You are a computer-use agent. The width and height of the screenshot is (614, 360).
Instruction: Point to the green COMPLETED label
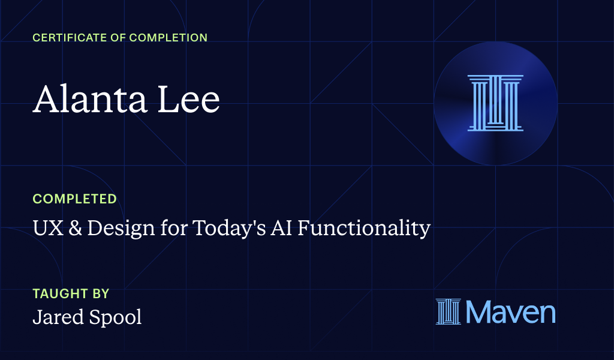74,199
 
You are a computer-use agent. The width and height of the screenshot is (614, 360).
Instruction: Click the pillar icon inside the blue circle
495,103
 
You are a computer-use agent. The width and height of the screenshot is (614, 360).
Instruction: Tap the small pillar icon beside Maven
448,311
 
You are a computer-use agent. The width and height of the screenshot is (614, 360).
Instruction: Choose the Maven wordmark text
510,311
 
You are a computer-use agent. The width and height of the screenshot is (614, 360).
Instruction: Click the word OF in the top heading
119,38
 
